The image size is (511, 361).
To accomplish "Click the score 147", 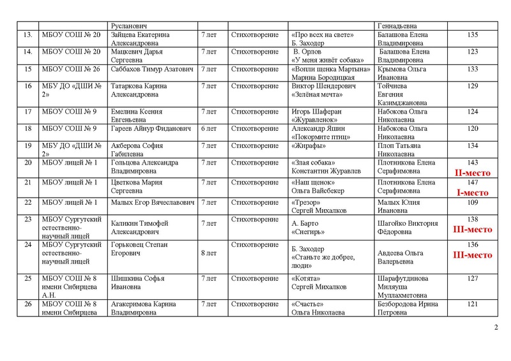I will point(473,182).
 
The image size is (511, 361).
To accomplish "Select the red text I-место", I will point(473,191).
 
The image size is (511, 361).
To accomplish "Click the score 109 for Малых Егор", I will point(473,202).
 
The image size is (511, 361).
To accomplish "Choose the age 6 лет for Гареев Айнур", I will point(209,129).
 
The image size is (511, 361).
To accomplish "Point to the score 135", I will point(473,34).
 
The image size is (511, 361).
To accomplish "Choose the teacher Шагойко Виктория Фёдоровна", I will point(408,228).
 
